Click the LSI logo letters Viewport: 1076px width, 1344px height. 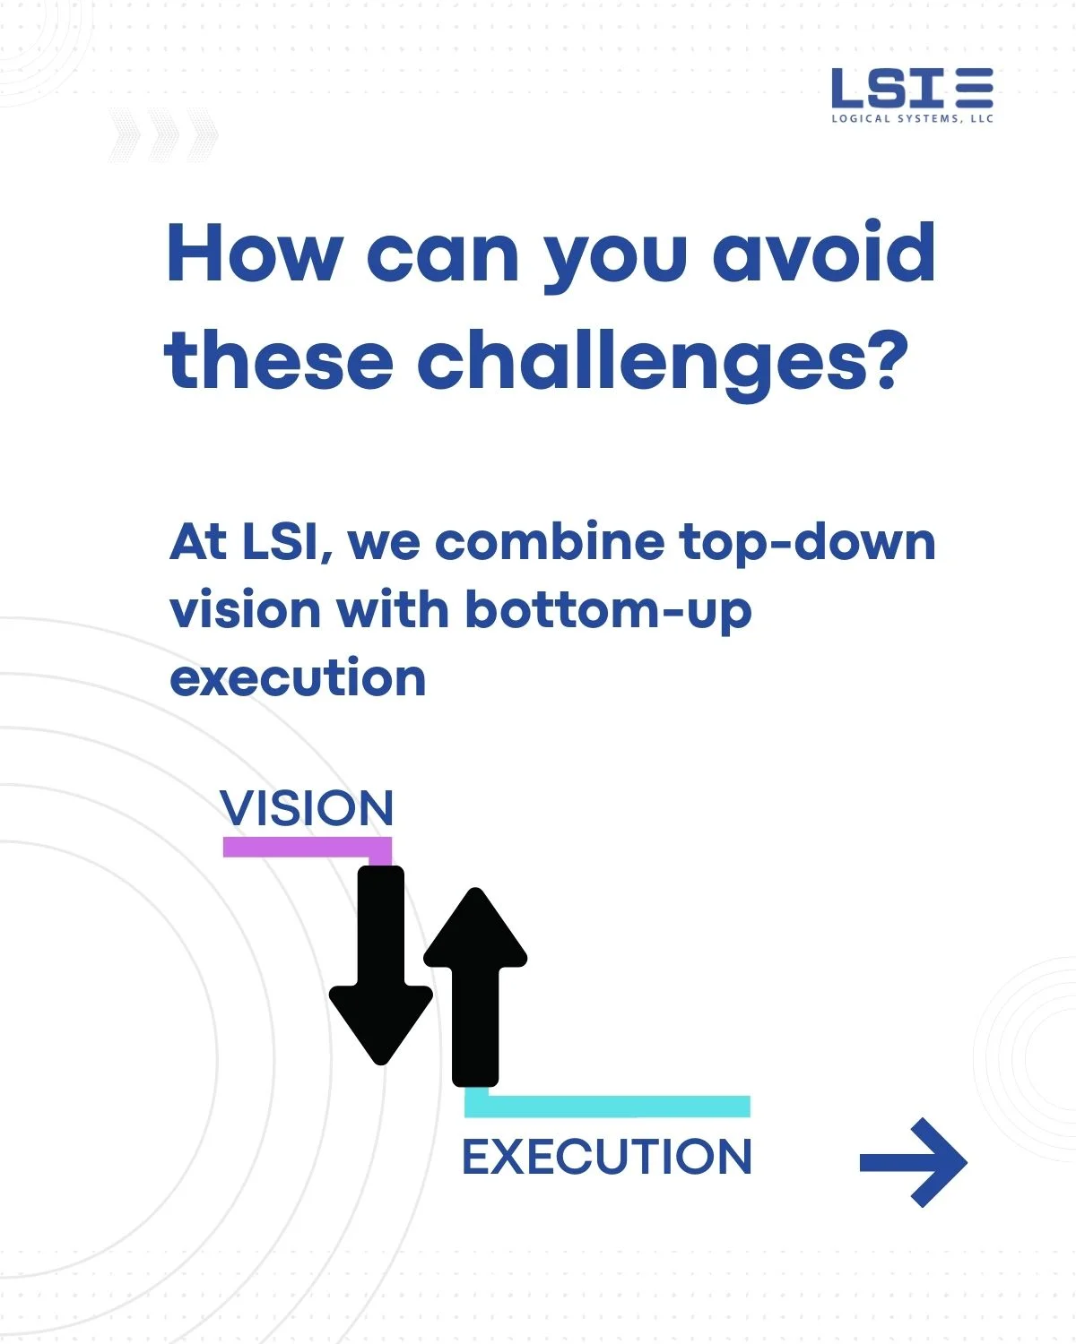pos(887,87)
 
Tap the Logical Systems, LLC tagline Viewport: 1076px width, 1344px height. pos(912,118)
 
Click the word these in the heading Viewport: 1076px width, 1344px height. pos(279,360)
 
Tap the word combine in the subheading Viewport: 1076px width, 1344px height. pos(550,541)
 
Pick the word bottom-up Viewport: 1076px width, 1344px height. pos(608,611)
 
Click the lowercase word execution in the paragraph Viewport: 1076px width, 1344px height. pos(298,678)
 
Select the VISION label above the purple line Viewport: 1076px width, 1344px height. pos(307,808)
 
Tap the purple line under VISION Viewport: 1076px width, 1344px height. pos(308,848)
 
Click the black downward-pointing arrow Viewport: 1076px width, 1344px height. pos(381,965)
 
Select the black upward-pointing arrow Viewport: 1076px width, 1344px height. pos(476,986)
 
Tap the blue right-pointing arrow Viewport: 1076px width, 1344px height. pos(914,1162)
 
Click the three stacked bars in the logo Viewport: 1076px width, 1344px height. pos(974,87)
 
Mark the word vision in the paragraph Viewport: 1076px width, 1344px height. pos(246,609)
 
